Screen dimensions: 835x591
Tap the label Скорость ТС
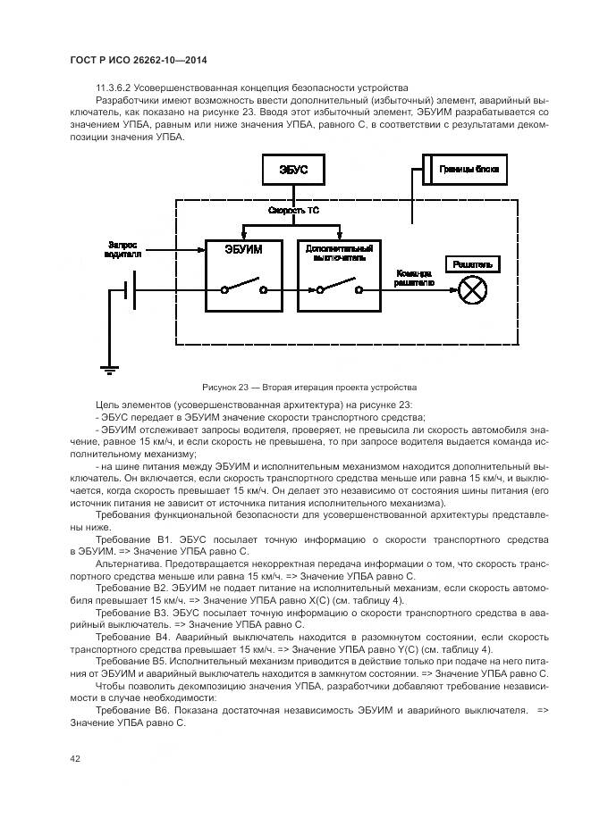[293, 211]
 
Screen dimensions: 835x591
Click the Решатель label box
[470, 264]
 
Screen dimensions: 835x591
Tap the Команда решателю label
[414, 278]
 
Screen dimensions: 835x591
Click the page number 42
[76, 758]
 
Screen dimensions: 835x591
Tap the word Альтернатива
[127, 564]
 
